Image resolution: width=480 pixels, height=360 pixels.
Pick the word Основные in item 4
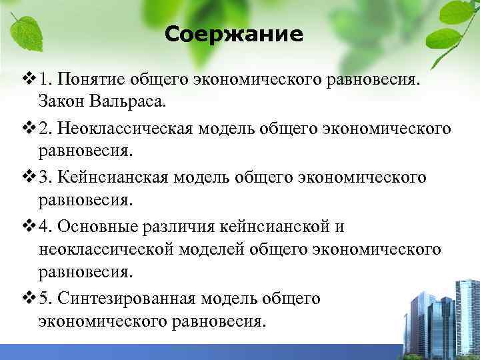(99, 226)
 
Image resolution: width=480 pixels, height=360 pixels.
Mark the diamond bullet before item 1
(27, 80)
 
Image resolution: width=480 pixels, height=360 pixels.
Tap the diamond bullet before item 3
(27, 177)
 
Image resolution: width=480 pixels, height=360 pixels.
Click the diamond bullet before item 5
(27, 299)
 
